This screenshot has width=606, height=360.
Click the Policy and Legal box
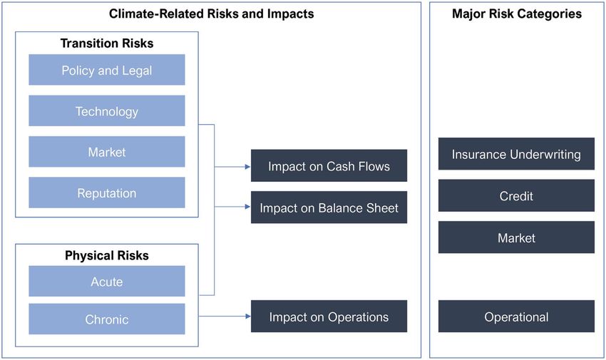107,70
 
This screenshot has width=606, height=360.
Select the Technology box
107,111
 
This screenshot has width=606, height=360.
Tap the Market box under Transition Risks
107,152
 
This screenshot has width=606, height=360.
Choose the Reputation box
107,192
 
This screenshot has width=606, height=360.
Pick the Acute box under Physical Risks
107,281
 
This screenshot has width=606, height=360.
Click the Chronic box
107,319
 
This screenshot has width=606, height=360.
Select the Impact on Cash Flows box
329,165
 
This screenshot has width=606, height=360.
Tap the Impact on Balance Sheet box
329,207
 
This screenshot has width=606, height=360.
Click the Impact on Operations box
329,317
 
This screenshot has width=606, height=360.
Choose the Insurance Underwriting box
516,154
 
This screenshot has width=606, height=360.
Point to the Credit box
516,195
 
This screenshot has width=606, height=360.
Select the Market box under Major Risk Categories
516,237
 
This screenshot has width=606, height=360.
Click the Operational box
516,317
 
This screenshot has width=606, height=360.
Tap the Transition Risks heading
107,43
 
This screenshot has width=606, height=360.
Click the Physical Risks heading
107,256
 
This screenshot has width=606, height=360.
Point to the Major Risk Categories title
517,14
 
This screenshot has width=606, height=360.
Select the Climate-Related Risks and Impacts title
212,14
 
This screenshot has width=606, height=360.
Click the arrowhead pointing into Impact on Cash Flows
247,167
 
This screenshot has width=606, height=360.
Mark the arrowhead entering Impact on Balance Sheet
247,207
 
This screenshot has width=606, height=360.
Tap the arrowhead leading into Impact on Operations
247,317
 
